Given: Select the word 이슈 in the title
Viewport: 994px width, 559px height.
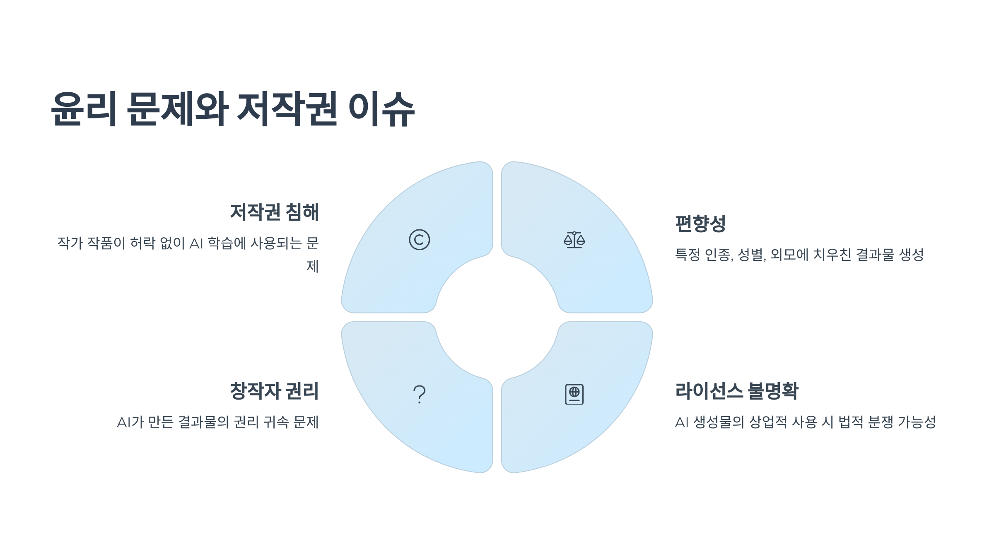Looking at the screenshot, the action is pyautogui.click(x=381, y=109).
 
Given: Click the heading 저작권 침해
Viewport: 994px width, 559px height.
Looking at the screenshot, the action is pyautogui.click(x=274, y=212).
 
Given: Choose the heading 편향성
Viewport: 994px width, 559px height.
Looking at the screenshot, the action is pyautogui.click(x=700, y=224).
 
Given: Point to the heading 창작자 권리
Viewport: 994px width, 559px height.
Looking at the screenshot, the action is pyautogui.click(x=274, y=391).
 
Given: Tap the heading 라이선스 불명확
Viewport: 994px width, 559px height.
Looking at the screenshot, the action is pyautogui.click(x=737, y=391).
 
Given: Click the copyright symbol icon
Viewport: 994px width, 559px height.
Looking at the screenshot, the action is pyautogui.click(x=419, y=240).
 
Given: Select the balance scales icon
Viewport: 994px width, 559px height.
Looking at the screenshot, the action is pyautogui.click(x=574, y=240).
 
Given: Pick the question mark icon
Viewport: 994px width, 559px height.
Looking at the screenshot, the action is pyautogui.click(x=419, y=394).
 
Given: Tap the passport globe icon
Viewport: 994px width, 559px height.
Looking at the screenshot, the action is pyautogui.click(x=574, y=394).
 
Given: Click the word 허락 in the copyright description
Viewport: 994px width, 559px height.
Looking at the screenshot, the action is pyautogui.click(x=142, y=243).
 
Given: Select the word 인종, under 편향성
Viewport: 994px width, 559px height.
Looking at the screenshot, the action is pyautogui.click(x=719, y=255).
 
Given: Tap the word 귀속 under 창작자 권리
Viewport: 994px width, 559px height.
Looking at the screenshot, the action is pyautogui.click(x=276, y=422).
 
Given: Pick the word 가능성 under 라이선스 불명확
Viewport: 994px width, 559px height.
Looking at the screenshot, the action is pyautogui.click(x=917, y=422).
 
